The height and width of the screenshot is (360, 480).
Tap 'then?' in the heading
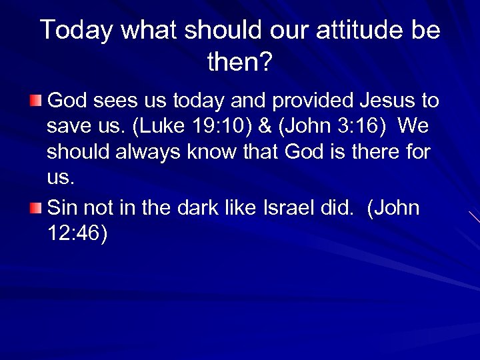click(x=240, y=63)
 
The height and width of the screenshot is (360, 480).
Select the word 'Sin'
click(x=63, y=208)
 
